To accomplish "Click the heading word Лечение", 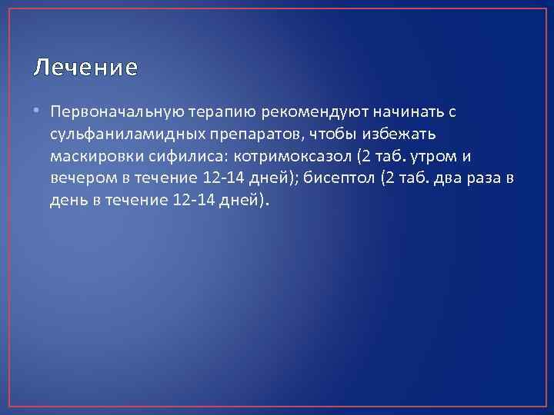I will (86, 68).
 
